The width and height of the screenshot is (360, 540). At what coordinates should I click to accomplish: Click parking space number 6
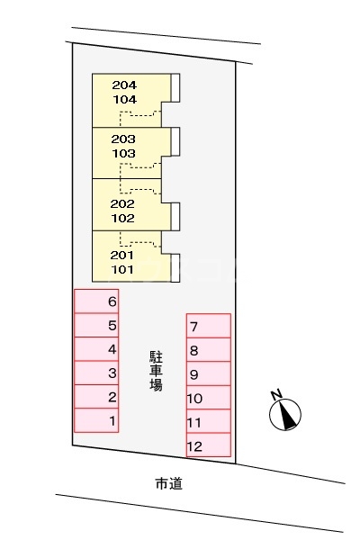pyautogui.click(x=96, y=301)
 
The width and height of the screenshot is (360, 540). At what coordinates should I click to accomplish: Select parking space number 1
pyautogui.click(x=96, y=420)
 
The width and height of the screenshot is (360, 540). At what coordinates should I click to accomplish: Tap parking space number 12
pyautogui.click(x=209, y=445)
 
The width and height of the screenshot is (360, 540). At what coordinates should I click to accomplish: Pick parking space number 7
pyautogui.click(x=209, y=326)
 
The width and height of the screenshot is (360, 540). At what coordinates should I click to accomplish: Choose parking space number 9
pyautogui.click(x=209, y=373)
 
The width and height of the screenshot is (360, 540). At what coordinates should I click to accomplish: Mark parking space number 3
pyautogui.click(x=96, y=373)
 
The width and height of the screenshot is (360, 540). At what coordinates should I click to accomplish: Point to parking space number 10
pyautogui.click(x=209, y=398)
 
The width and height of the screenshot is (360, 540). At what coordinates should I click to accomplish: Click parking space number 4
pyautogui.click(x=96, y=349)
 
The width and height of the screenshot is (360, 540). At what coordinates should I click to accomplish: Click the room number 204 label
pyautogui.click(x=124, y=85)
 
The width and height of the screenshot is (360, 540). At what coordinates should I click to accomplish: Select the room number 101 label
pyautogui.click(x=122, y=269)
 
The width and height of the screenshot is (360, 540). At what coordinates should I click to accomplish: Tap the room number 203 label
pyautogui.click(x=123, y=139)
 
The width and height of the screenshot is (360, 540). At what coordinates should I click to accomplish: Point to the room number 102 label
pyautogui.click(x=122, y=219)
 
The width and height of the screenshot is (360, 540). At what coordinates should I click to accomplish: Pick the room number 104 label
pyautogui.click(x=125, y=100)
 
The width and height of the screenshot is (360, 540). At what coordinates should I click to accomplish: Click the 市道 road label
pyautogui.click(x=169, y=484)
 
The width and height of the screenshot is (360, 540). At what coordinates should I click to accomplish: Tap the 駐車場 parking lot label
pyautogui.click(x=156, y=371)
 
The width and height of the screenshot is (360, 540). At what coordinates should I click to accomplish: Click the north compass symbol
pyautogui.click(x=285, y=414)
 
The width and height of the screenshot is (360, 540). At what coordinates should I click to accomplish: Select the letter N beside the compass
pyautogui.click(x=276, y=395)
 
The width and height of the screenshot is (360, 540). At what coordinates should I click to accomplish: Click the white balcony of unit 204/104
pyautogui.click(x=175, y=88)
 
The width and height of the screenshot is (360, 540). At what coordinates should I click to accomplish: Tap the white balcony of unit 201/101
pyautogui.click(x=175, y=268)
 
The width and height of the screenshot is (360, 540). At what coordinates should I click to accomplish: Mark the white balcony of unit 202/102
pyautogui.click(x=175, y=217)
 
